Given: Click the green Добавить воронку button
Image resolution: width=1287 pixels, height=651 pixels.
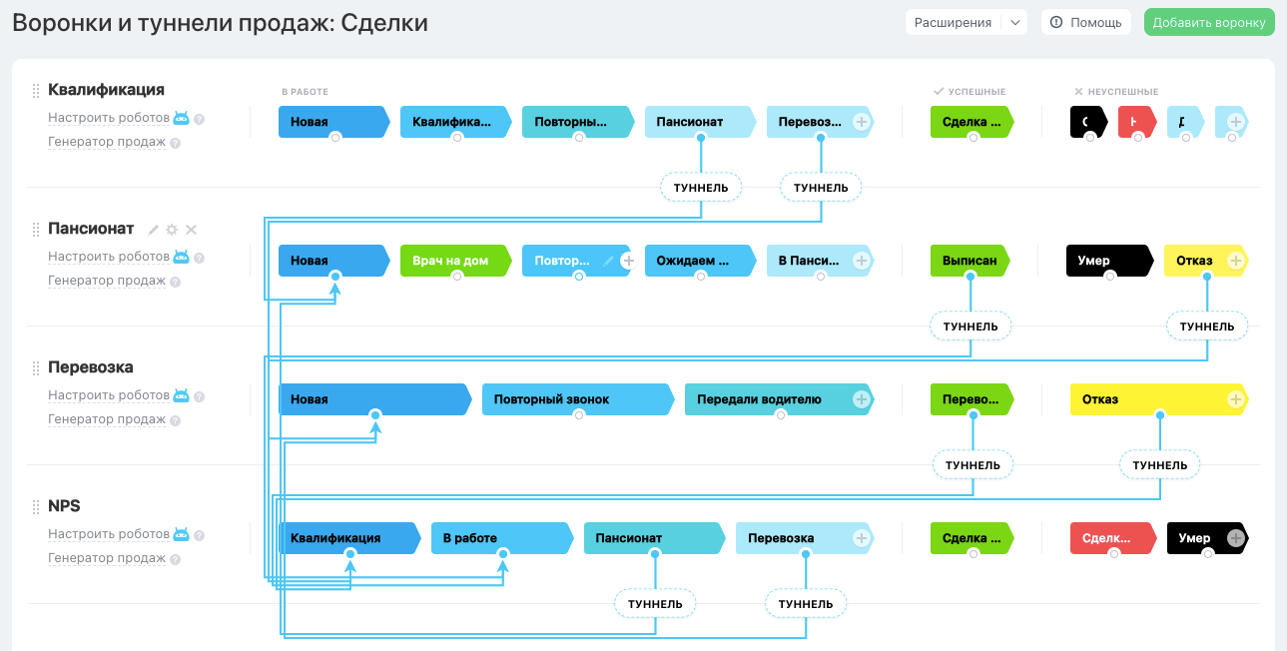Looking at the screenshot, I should [x=1209, y=23].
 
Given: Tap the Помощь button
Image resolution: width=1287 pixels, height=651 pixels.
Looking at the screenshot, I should [x=1086, y=23].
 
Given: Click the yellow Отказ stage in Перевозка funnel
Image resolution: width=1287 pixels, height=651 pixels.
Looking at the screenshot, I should [x=1148, y=399].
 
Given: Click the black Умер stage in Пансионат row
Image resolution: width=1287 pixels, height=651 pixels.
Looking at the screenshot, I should [x=1104, y=261].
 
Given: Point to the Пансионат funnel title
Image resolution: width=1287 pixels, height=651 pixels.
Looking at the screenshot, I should [x=91, y=229].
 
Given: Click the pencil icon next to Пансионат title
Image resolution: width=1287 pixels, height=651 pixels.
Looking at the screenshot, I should [x=154, y=230].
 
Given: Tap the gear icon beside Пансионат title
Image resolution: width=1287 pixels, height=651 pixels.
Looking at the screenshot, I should [x=172, y=230].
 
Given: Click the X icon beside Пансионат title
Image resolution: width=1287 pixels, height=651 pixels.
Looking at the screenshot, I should [x=191, y=230].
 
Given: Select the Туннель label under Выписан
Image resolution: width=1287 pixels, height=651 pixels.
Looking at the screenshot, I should [x=970, y=326].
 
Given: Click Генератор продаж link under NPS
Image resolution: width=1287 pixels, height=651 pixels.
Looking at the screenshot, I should [x=107, y=558].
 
